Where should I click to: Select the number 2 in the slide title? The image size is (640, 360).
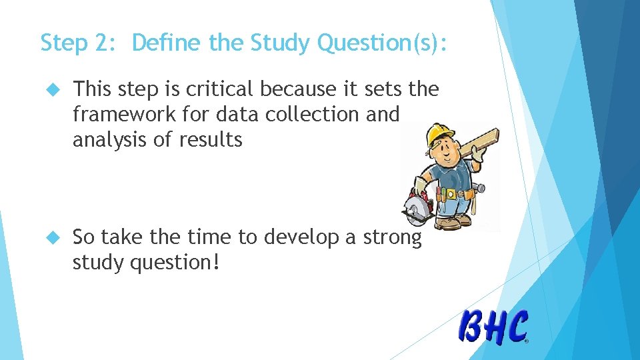[x=107, y=43]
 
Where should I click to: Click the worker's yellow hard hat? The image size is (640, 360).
[x=439, y=134]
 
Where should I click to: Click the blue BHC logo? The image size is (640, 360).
[x=493, y=327]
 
